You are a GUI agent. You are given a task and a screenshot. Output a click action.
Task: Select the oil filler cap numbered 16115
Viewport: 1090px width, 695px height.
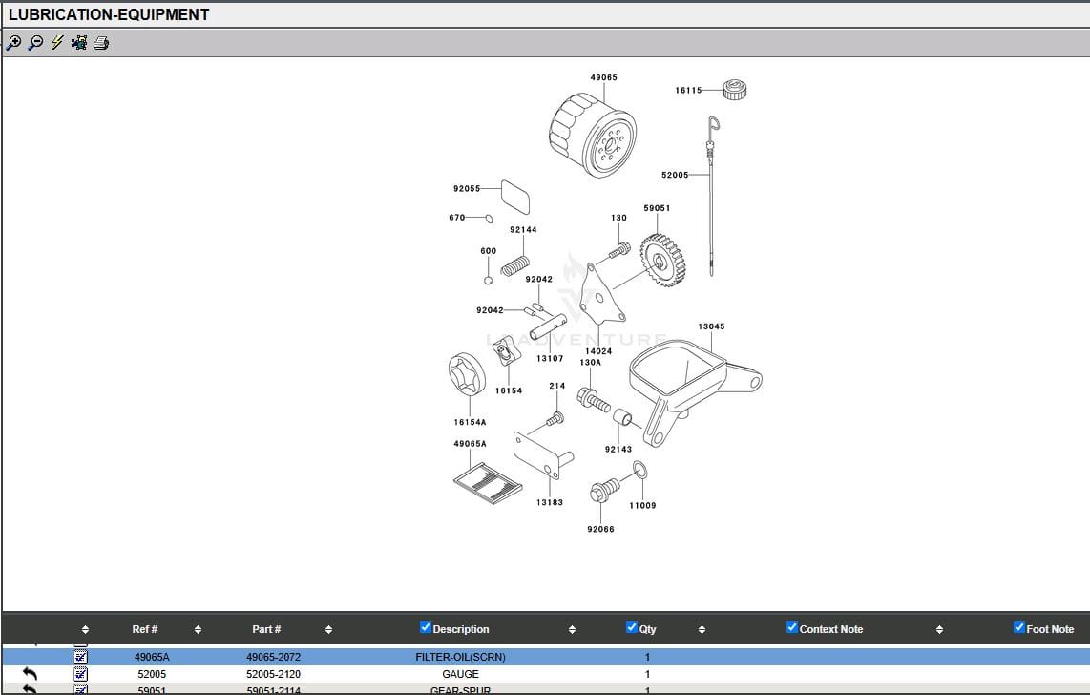(734, 90)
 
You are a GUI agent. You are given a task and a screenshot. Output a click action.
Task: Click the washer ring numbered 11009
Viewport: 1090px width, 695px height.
(640, 471)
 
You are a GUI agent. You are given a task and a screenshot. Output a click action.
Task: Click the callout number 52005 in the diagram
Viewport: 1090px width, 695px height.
(674, 175)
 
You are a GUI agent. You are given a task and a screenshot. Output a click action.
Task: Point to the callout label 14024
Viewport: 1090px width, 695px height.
(598, 351)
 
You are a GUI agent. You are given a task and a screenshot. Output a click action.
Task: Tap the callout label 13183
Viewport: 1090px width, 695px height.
(549, 502)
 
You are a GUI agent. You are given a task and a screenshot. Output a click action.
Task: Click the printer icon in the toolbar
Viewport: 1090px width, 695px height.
(101, 43)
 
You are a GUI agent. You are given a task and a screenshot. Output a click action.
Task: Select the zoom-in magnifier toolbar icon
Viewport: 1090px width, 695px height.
(13, 43)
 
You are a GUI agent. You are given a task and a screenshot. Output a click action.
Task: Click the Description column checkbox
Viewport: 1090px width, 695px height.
(426, 627)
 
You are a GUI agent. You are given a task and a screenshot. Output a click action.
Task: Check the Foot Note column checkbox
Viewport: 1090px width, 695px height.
(1019, 627)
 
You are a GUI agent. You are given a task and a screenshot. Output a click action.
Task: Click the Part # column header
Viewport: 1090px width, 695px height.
(266, 629)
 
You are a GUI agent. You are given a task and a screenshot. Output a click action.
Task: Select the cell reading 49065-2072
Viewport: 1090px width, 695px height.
(273, 657)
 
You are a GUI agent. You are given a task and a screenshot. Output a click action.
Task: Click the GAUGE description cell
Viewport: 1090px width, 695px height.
(460, 674)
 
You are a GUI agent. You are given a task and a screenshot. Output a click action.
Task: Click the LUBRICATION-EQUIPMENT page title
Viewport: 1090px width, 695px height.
(108, 14)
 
